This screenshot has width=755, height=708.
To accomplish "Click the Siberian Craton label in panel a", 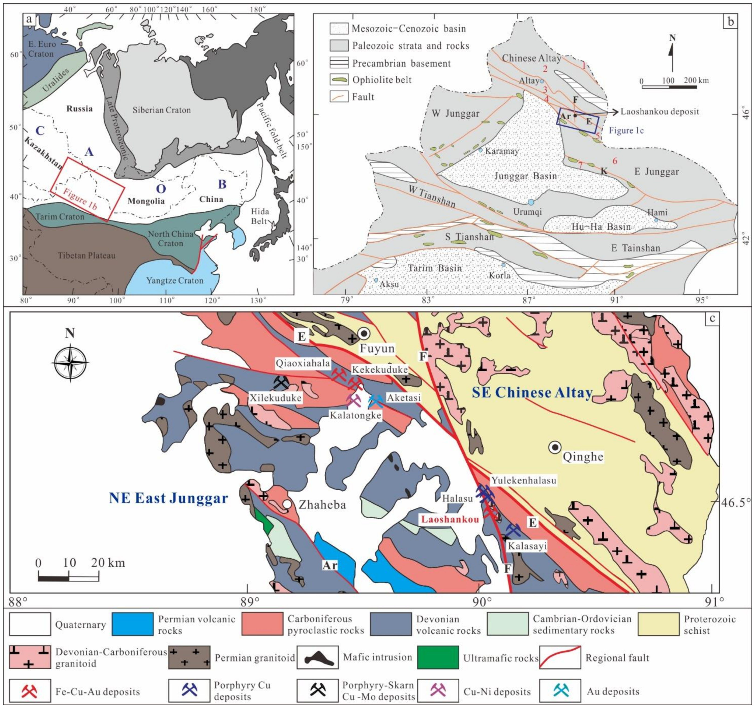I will click(x=161, y=110).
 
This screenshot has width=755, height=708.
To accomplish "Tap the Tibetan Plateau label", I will click(x=86, y=256).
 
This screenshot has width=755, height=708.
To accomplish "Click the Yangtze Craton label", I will click(x=175, y=280).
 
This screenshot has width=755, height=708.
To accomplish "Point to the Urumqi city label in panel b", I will click(x=527, y=212).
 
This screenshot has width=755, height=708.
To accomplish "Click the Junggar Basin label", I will click(x=525, y=176).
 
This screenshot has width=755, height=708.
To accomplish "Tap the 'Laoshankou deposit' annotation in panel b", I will click(x=659, y=112).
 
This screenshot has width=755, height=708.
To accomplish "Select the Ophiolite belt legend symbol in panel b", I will click(x=339, y=80).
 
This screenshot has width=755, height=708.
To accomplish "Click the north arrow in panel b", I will click(x=672, y=53).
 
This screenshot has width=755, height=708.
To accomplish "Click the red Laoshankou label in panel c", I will click(x=449, y=519).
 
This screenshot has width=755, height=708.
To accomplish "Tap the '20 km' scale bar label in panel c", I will click(x=108, y=563).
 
